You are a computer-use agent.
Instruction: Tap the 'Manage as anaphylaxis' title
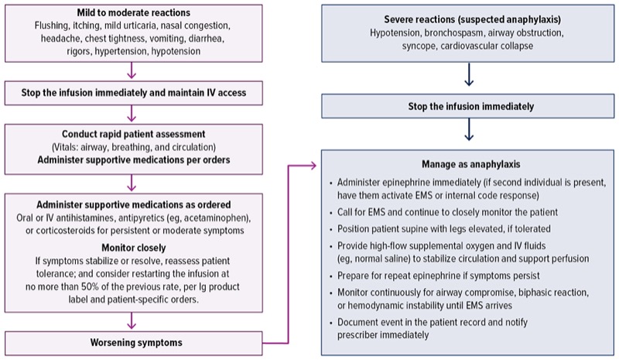point(469,165)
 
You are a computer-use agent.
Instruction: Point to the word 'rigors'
point(77,50)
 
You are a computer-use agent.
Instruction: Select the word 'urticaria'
point(152,26)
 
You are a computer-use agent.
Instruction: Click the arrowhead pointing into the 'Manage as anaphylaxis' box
point(314,165)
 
